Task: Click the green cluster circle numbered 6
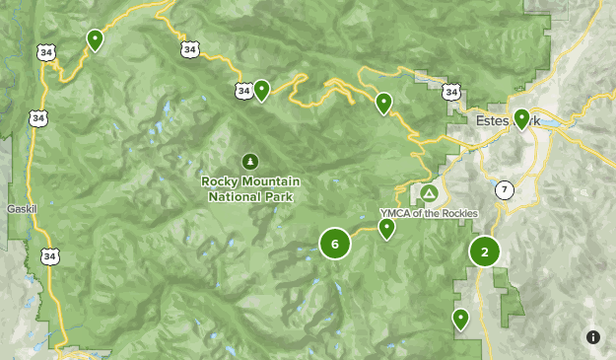[335, 244]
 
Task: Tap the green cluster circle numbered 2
[485, 252]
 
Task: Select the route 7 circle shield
[505, 189]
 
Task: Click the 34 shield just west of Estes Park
[451, 92]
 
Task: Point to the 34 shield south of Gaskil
[49, 256]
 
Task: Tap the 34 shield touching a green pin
[244, 91]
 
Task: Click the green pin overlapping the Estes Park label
[521, 118]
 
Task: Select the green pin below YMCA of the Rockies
[387, 228]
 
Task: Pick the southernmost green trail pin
[460, 318]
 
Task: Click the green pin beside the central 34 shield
[262, 90]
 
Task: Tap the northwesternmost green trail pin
[95, 38]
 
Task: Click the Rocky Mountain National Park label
[250, 188]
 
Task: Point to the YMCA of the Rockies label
[429, 213]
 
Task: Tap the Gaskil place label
[21, 209]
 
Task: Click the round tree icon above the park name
[250, 161]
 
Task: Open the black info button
[593, 336]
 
